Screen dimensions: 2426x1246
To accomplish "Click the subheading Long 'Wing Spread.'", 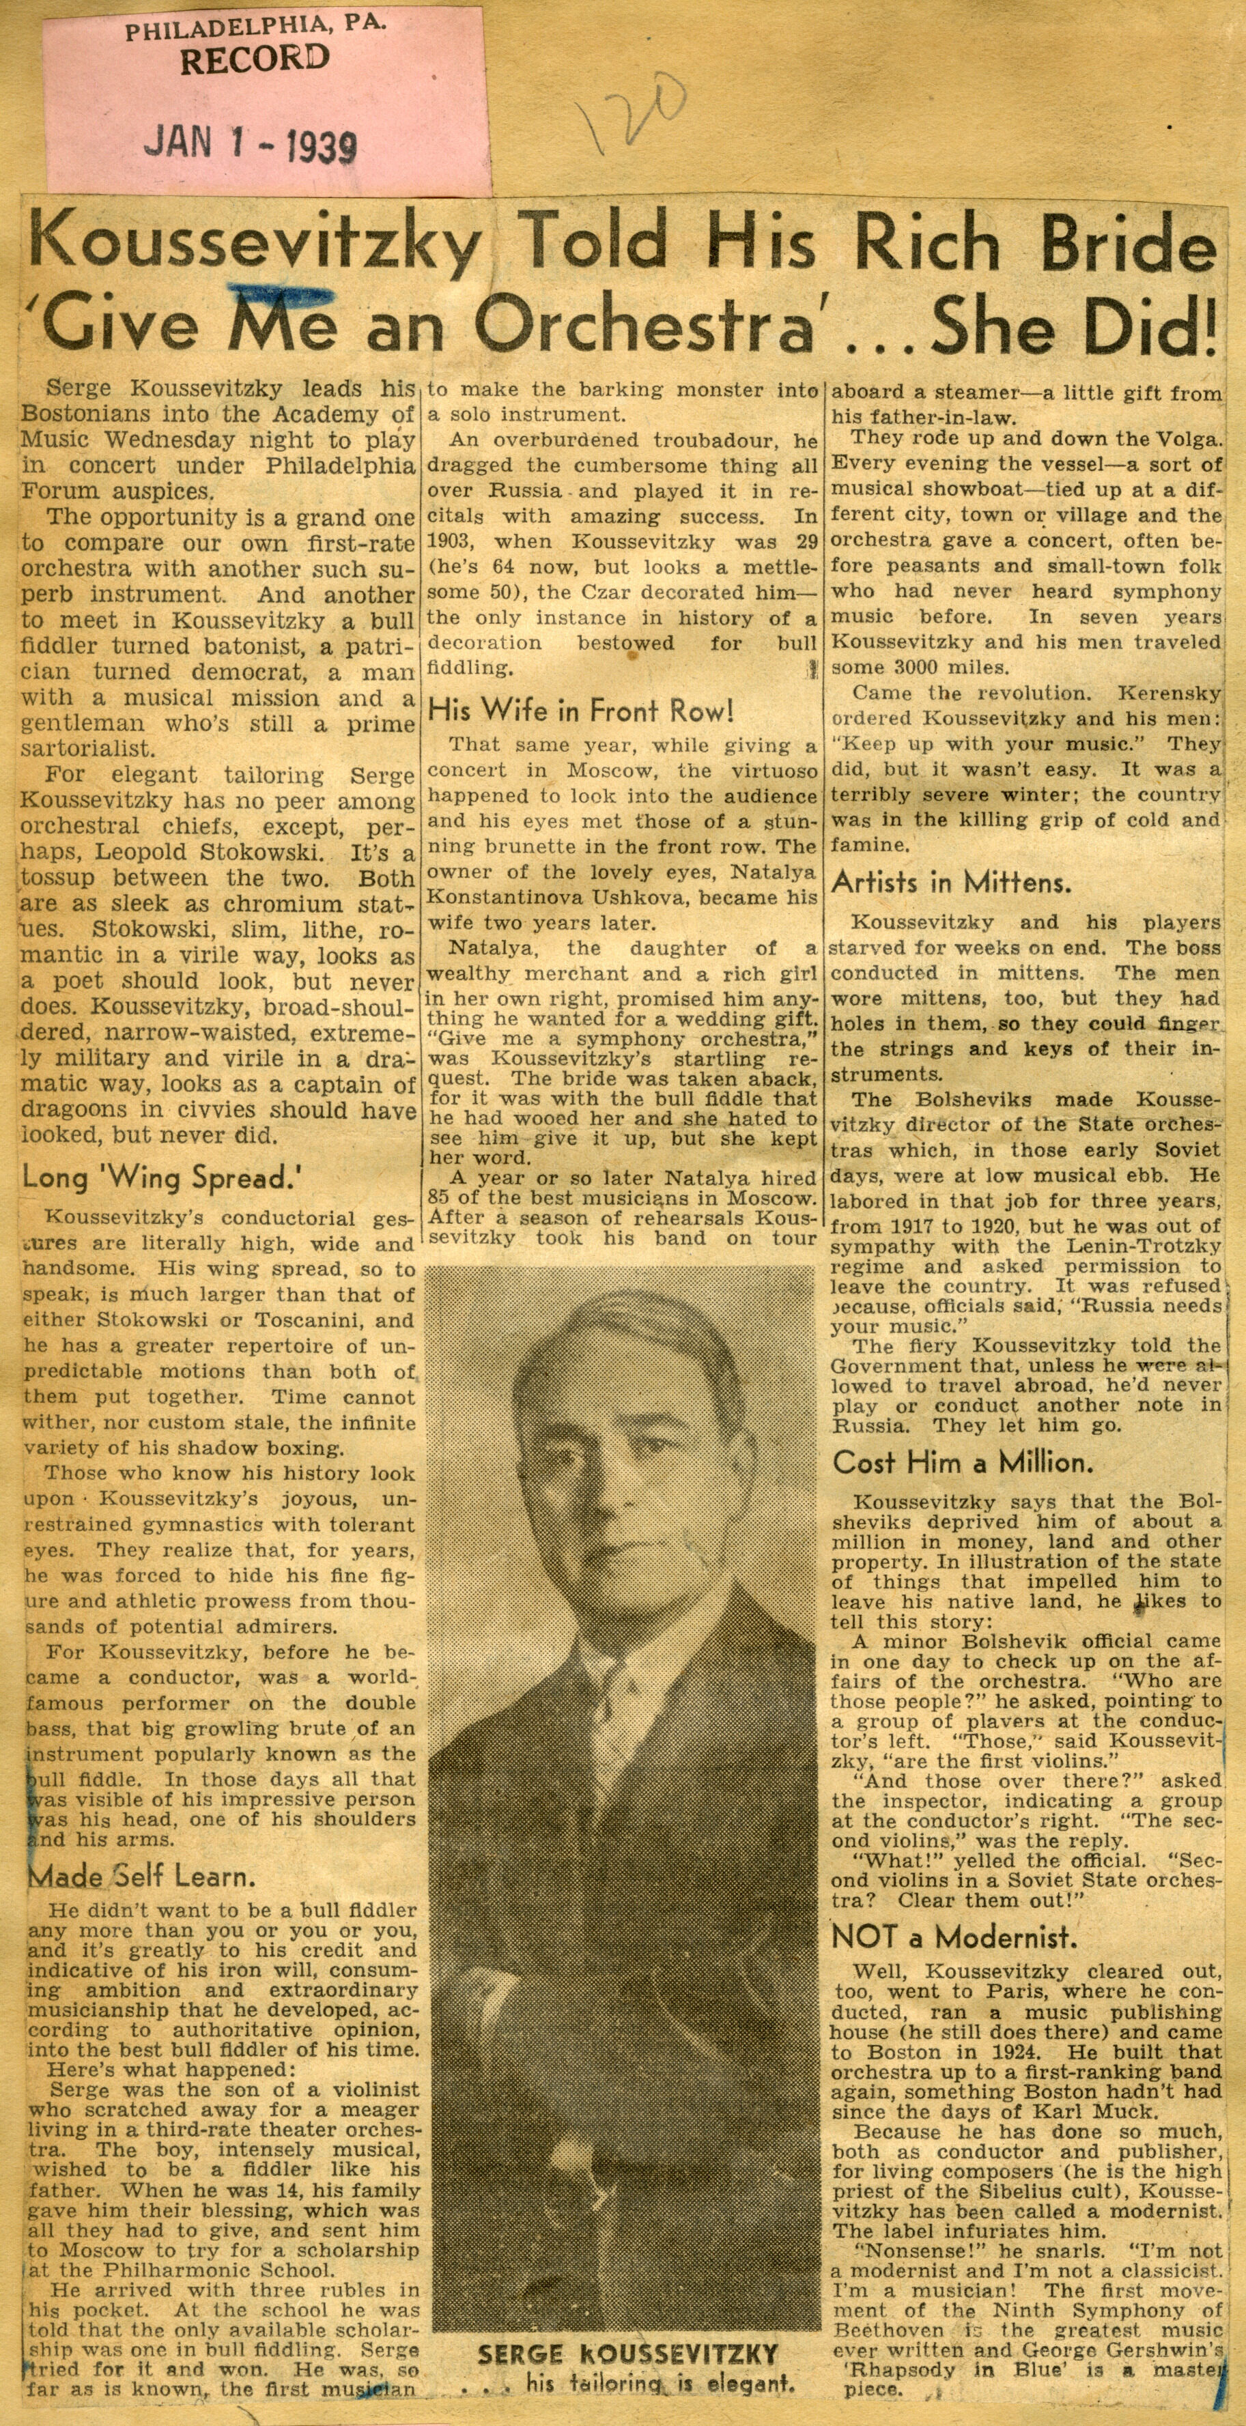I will [156, 1178].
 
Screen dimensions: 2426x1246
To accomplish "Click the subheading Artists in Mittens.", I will [950, 883].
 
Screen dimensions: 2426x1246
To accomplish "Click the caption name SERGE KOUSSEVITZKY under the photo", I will [628, 2356].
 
